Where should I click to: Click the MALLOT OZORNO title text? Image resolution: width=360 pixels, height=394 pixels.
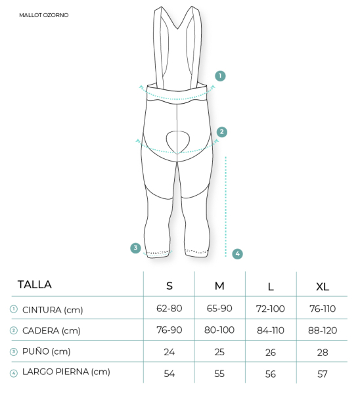(44, 15)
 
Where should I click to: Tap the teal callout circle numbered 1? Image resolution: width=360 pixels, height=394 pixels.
(220, 76)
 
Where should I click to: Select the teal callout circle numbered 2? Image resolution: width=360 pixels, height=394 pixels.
(222, 132)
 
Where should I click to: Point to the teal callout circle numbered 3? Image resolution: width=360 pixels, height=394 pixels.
(135, 248)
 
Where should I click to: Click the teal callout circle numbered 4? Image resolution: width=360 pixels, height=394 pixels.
(238, 253)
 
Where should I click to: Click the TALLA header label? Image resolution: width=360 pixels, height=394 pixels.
(35, 285)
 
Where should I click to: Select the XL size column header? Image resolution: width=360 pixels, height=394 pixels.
(323, 286)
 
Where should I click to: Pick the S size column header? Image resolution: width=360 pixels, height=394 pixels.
(169, 286)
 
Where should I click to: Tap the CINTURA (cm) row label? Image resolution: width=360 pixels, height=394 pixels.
(53, 310)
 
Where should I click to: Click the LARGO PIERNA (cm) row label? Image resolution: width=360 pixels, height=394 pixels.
(66, 372)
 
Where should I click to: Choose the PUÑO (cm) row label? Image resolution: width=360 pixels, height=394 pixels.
(46, 351)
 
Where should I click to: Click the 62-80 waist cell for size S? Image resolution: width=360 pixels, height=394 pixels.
(169, 309)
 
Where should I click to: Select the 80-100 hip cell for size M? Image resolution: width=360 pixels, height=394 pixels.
(219, 330)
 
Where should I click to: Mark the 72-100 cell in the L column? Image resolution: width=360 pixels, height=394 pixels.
(271, 309)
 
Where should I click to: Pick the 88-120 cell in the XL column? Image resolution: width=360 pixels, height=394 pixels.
(323, 330)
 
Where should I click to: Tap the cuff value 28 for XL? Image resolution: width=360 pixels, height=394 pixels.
(323, 352)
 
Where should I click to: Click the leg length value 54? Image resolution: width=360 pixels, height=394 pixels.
(169, 374)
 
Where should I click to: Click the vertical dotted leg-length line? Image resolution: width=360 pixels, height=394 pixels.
(226, 207)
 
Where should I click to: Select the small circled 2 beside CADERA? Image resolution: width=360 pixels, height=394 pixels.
(14, 330)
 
